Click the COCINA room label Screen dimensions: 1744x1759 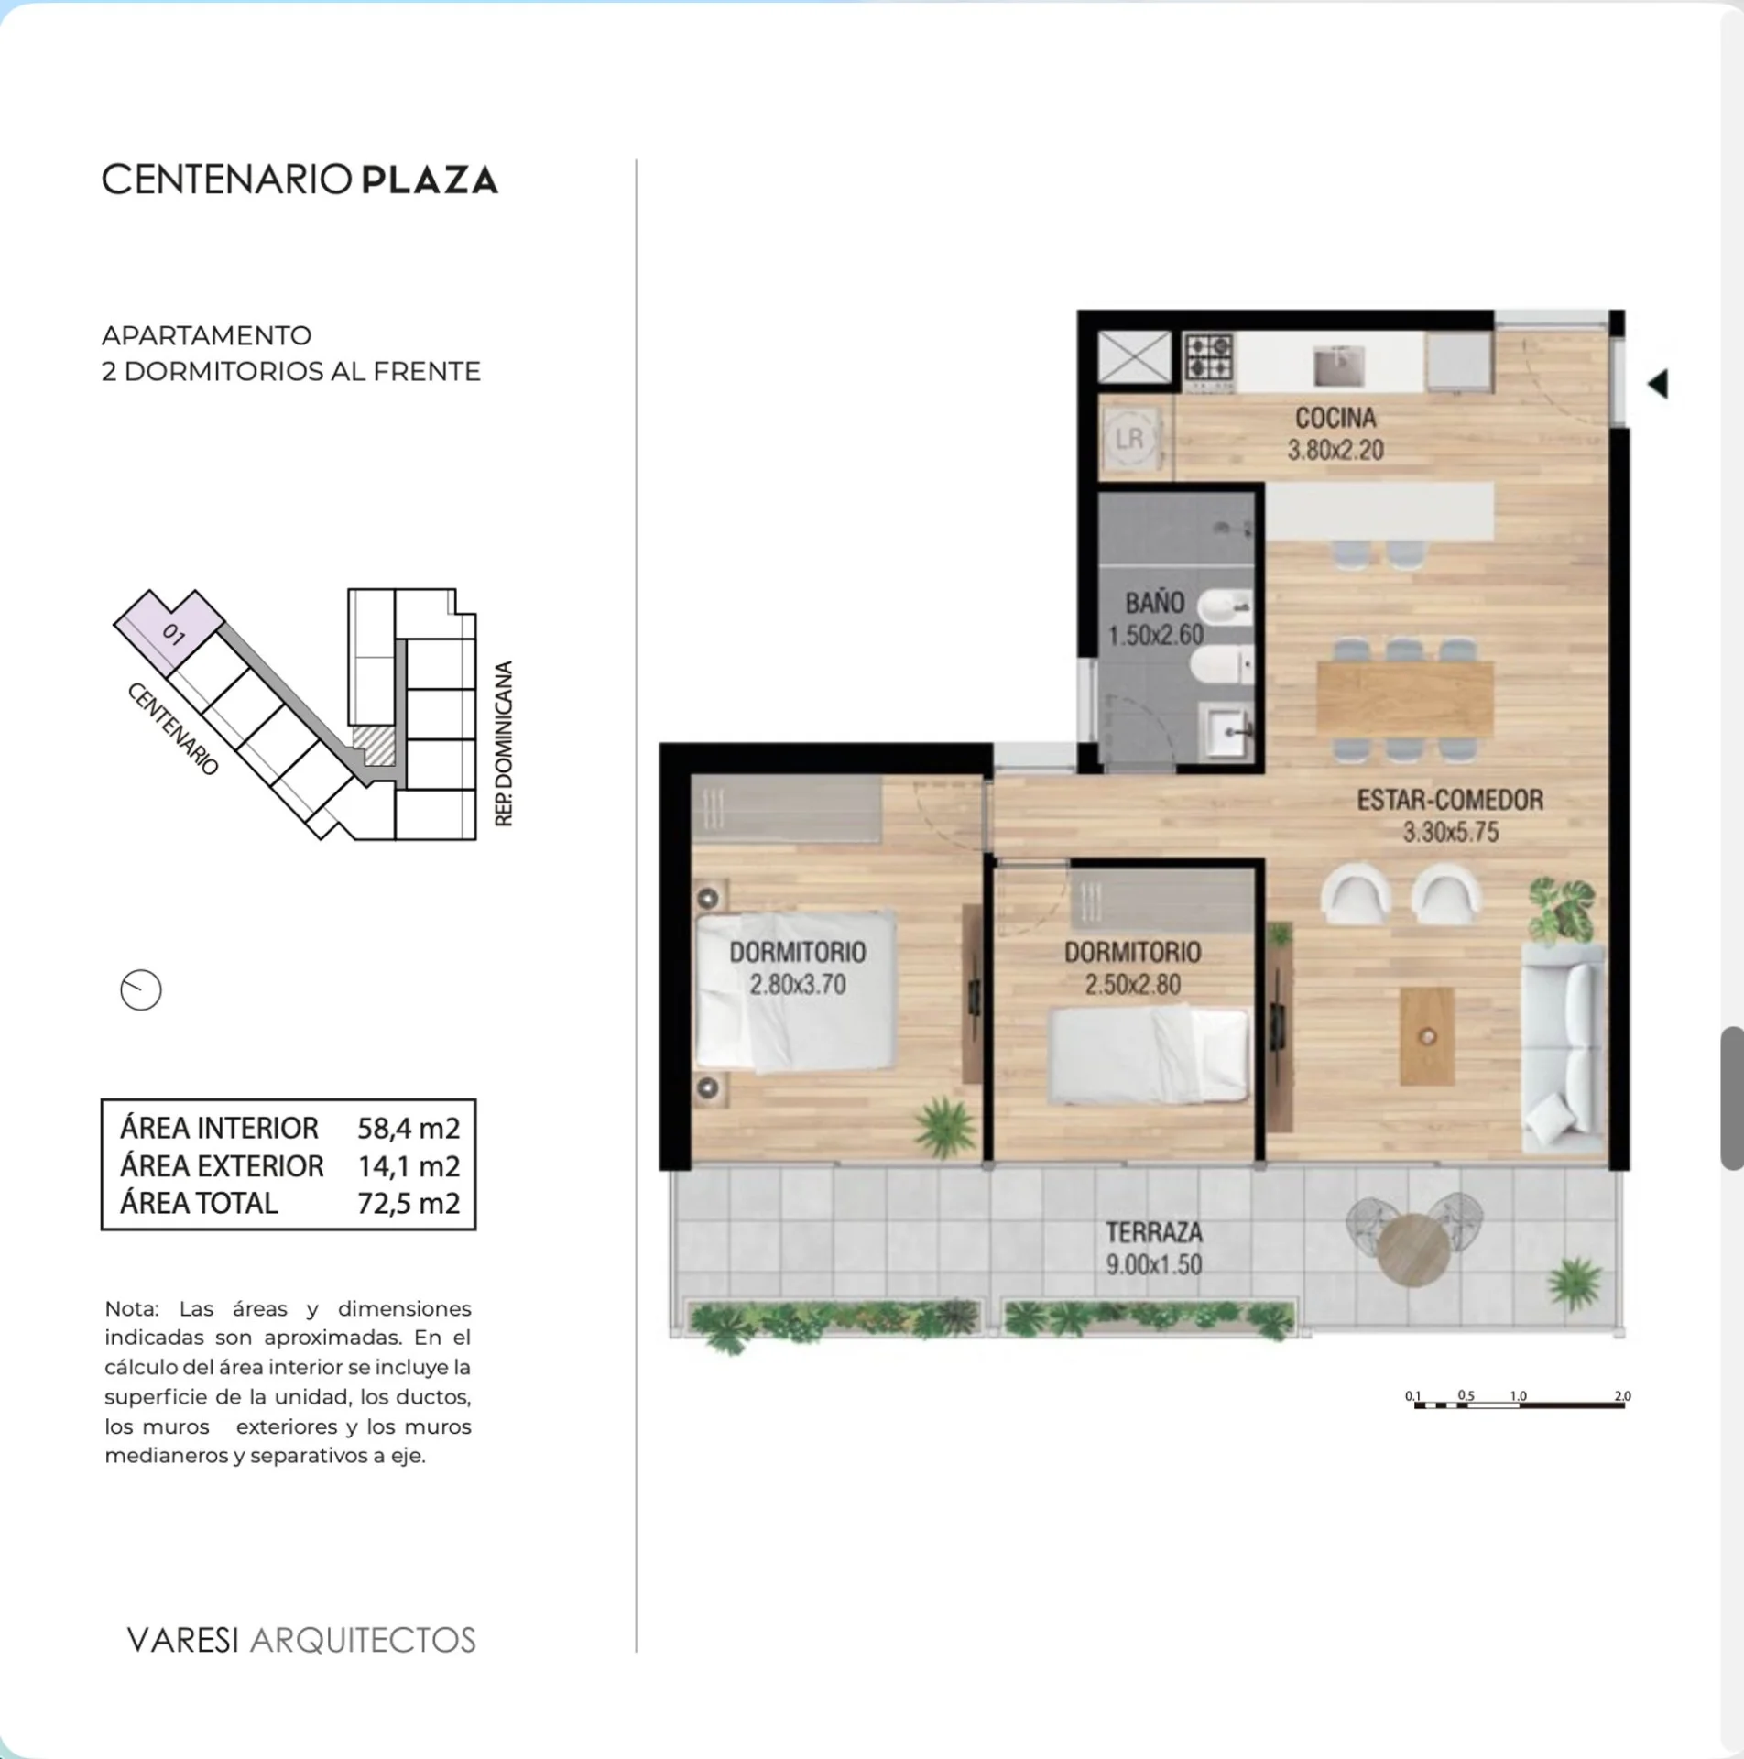tap(1335, 418)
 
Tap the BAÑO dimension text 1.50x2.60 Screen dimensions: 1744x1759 tap(1156, 635)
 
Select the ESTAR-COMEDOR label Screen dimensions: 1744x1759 tap(1450, 800)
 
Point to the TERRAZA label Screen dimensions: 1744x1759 tap(1154, 1232)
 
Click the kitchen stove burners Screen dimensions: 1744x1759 tap(1209, 357)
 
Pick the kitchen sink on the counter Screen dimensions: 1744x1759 tap(1339, 365)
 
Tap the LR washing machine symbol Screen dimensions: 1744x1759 tap(1129, 439)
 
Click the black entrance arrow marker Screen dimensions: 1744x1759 tap(1658, 383)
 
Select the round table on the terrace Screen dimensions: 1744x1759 tap(1412, 1250)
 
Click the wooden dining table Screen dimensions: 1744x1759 tap(1405, 698)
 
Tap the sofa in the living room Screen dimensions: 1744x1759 tap(1563, 1048)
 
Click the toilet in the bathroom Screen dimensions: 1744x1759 tap(1225, 665)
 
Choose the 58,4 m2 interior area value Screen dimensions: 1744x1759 tap(409, 1129)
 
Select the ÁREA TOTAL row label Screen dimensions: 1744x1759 tap(199, 1203)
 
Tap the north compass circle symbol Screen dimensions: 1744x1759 tap(141, 990)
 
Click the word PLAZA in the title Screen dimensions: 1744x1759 tap(430, 180)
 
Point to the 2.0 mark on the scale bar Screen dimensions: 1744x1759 tap(1622, 1396)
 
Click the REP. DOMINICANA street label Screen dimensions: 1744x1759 tap(504, 744)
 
